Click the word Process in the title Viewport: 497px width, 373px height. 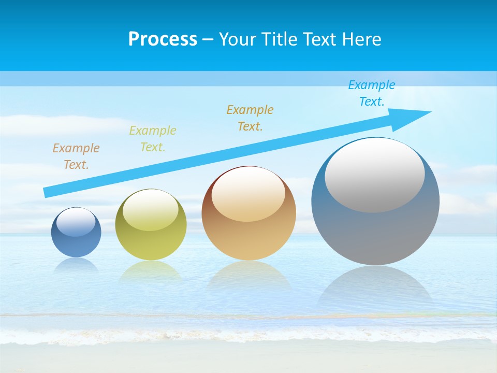pos(163,39)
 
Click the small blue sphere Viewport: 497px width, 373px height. pos(76,241)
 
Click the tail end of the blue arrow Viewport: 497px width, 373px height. pos(48,192)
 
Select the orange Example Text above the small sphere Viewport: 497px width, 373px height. pos(76,156)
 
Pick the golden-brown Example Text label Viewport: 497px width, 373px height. pos(250,118)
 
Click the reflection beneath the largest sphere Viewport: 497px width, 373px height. pos(375,288)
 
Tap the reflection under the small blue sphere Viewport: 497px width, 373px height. pos(76,265)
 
